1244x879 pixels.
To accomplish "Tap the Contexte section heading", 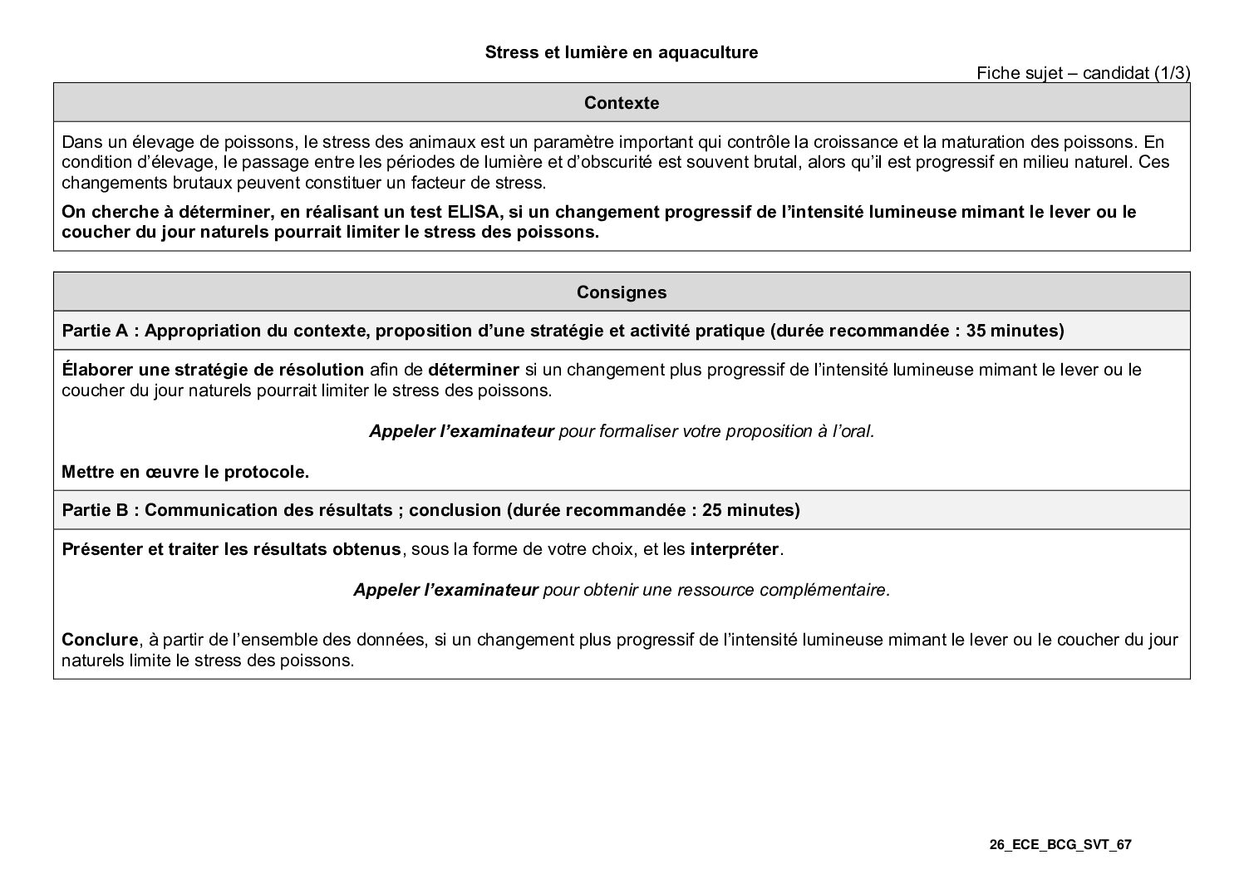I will pyautogui.click(x=622, y=103).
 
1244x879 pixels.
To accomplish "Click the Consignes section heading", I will pyautogui.click(x=622, y=292).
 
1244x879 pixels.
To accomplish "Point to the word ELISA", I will pyautogui.click(x=474, y=212).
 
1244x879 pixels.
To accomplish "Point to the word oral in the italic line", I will pyautogui.click(x=856, y=431).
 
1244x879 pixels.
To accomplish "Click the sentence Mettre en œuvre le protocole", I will pyautogui.click(x=185, y=473).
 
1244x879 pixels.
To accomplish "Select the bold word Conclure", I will pyautogui.click(x=100, y=640).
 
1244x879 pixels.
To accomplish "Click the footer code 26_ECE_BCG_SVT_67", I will pyautogui.click(x=1060, y=845).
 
